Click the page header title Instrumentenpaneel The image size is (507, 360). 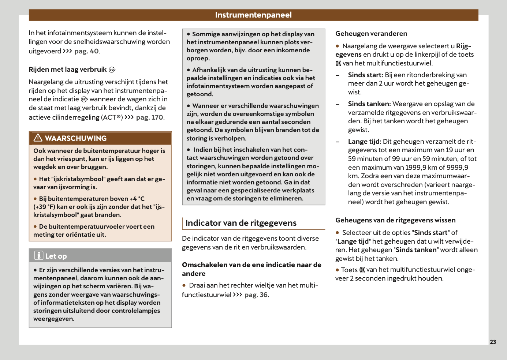pos(253,15)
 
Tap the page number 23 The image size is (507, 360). pos(493,342)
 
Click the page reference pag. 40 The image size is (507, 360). pos(86,51)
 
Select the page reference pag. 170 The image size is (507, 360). pos(149,117)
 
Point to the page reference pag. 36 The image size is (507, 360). pos(256,295)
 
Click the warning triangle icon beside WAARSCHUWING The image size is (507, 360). pos(38,138)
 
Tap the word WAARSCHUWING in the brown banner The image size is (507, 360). pos(76,138)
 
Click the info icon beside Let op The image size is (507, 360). pos(39,255)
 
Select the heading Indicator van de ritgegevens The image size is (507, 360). pos(241,223)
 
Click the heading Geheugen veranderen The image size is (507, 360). pos(371,34)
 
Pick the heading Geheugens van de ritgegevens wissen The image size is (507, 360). pos(395,220)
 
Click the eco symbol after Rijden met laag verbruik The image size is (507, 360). pos(112,70)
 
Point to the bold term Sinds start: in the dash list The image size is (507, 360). pos(365,75)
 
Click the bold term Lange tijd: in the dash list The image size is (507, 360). pos(364,142)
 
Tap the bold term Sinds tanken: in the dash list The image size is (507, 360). pos(369,104)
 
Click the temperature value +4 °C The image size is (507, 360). pos(137,199)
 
